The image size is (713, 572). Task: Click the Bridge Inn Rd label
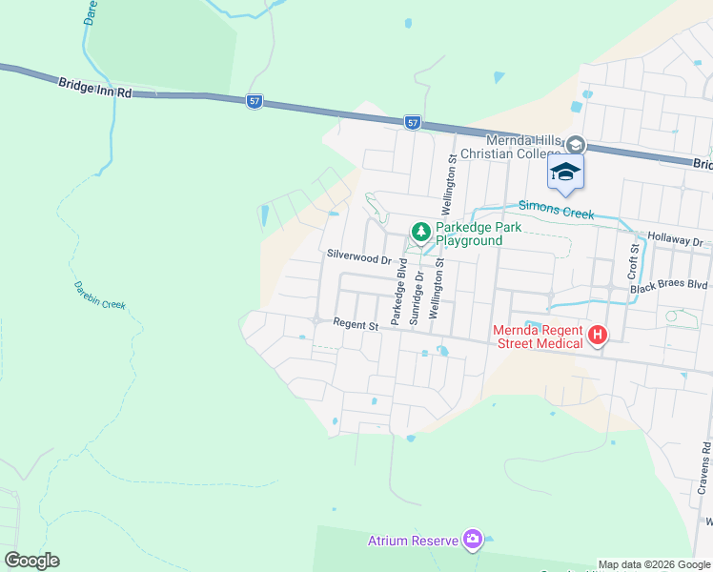93,87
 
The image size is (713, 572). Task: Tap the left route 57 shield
254,102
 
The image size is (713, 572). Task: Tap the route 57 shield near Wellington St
412,122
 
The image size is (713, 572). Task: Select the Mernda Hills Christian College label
513,147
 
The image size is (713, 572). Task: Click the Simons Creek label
555,209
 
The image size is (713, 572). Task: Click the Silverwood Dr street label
359,256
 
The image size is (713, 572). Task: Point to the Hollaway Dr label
674,242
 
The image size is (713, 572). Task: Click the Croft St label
633,259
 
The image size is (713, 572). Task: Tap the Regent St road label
356,324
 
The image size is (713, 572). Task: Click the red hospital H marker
598,335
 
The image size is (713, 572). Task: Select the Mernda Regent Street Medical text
539,337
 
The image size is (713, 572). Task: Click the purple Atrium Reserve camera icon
472,541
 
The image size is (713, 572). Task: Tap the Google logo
31,561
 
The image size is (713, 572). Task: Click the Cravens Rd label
703,468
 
